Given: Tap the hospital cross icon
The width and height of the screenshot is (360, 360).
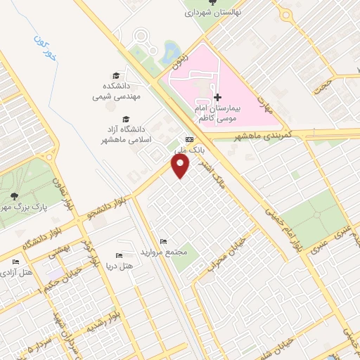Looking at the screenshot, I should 217,97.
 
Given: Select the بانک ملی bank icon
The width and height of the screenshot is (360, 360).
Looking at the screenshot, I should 188,139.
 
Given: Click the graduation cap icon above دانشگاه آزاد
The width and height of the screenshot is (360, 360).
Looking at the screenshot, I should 126,119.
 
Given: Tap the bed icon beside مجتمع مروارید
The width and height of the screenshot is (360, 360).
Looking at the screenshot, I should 164,242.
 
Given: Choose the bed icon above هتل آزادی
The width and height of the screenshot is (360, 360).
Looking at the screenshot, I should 15,262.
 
